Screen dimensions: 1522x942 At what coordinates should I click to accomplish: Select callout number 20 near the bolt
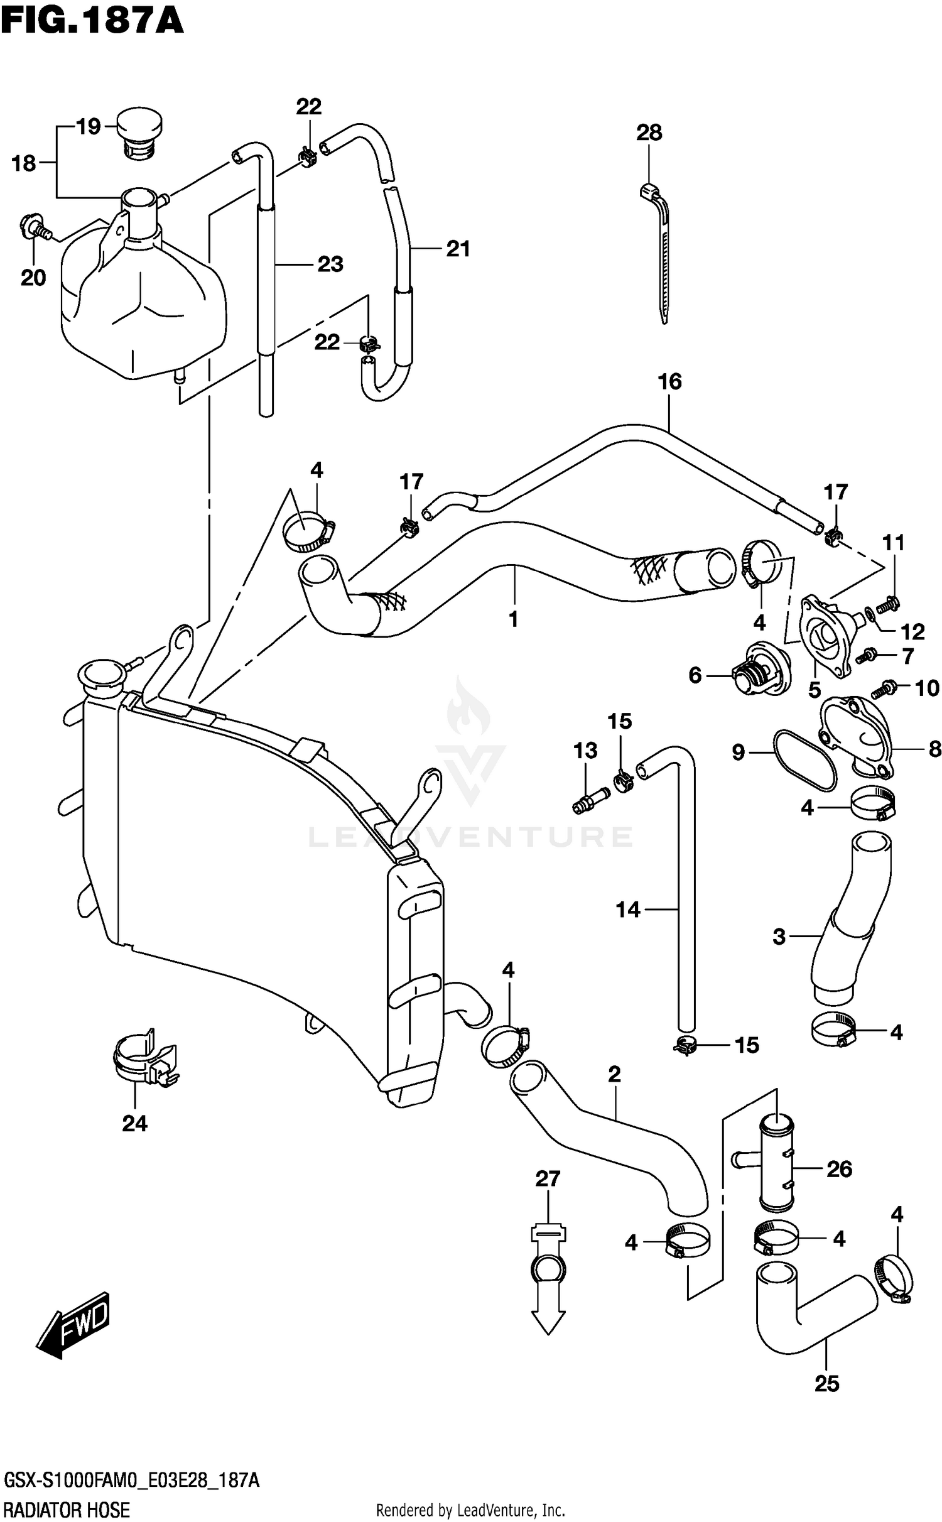coord(33,277)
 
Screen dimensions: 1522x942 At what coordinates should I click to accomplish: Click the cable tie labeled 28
coord(656,251)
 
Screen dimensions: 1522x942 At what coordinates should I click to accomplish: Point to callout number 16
coord(669,381)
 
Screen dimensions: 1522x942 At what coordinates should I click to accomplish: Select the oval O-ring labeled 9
coord(805,763)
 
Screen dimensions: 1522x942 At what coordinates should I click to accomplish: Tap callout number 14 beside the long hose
coord(627,909)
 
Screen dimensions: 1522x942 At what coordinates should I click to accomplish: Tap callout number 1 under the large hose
coord(513,619)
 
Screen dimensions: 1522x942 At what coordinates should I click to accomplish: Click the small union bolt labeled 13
coord(588,802)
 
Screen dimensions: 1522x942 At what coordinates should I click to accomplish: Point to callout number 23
coord(330,264)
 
